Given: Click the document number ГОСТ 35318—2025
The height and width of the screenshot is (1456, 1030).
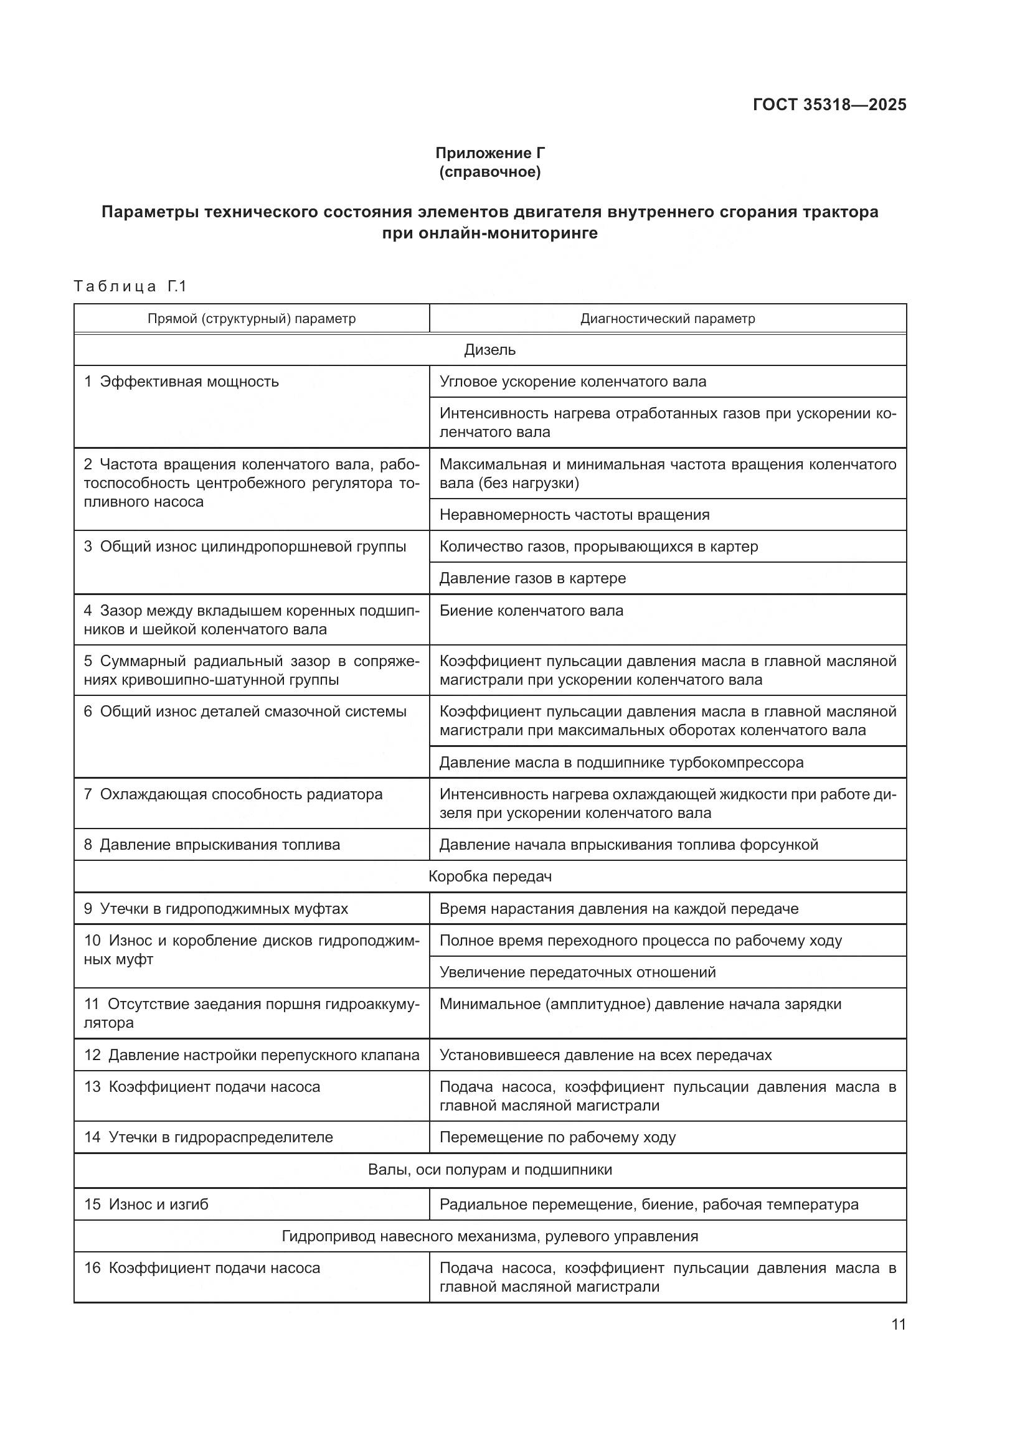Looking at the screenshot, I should [829, 105].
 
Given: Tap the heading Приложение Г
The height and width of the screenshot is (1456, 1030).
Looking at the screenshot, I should [489, 153].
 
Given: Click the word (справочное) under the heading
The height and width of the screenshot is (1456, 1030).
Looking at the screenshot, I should [489, 172].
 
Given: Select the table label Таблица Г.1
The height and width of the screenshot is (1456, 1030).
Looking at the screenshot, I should [130, 286].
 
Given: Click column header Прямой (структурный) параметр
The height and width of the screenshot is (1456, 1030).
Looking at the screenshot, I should [251, 318].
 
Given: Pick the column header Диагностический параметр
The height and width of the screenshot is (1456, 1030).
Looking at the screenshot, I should [667, 318].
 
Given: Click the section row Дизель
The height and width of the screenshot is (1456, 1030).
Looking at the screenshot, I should [489, 349].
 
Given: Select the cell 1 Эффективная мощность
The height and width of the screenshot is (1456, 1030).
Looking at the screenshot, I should [182, 382].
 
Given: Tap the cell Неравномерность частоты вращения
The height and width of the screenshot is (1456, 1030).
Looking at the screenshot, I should [574, 514].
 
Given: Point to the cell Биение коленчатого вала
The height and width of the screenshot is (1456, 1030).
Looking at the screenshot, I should [531, 610].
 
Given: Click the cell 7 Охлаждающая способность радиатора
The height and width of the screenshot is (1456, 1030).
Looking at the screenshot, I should [234, 794].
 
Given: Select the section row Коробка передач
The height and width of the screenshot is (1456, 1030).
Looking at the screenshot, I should [489, 876].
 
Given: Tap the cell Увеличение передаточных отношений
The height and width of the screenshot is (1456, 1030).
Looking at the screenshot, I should [577, 972].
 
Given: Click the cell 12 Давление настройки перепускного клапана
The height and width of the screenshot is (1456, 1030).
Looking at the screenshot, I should [251, 1054].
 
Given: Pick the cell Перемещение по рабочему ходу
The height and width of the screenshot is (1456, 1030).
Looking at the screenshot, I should [557, 1137].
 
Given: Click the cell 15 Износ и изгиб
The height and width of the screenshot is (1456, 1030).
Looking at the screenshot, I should [146, 1204].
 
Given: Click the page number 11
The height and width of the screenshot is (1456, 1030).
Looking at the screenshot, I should [898, 1324].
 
